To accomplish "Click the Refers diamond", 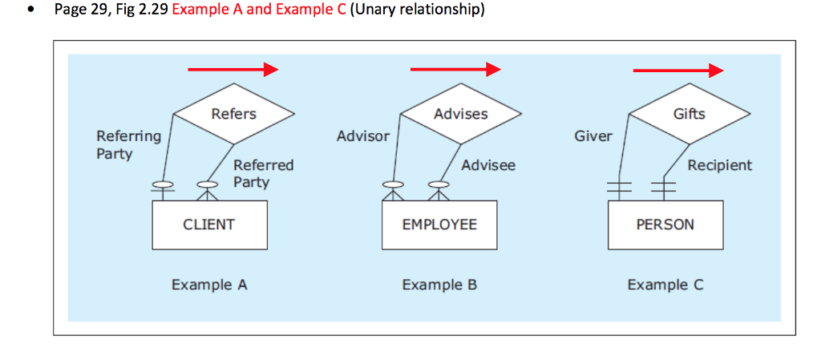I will click(234, 115).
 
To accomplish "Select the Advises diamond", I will click(460, 115).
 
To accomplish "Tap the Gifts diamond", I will click(689, 114).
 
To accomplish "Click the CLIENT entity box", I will click(209, 224).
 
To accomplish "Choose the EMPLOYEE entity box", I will click(439, 224).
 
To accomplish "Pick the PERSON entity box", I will click(665, 224).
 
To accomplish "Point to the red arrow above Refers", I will click(233, 71).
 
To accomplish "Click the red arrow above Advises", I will click(455, 71).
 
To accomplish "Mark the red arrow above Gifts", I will click(677, 71).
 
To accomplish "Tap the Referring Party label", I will click(128, 144).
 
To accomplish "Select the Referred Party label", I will click(263, 173).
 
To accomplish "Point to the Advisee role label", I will click(488, 165).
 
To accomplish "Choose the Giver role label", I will click(592, 136).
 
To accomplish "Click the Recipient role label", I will click(719, 165).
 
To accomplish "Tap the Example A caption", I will click(209, 285).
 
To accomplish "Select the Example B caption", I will click(439, 285).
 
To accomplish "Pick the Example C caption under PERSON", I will click(665, 285).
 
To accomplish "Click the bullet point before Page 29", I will click(30, 13).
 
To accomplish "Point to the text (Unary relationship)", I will click(417, 11).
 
